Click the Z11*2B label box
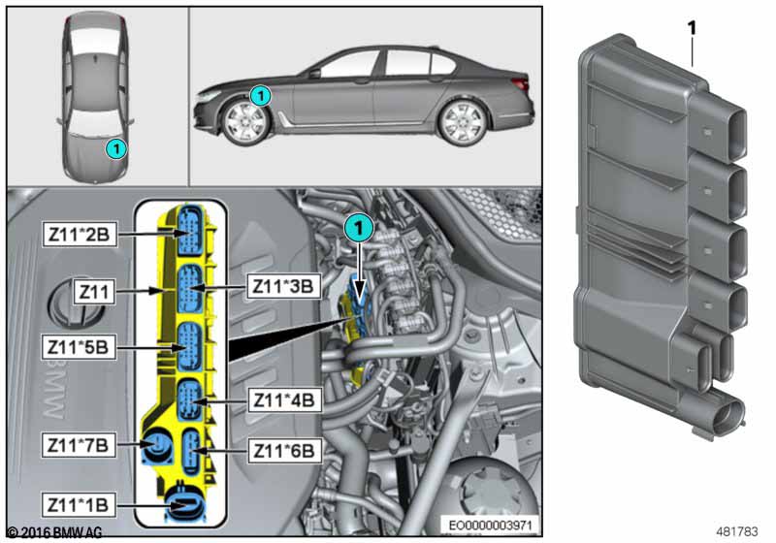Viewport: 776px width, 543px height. [80, 234]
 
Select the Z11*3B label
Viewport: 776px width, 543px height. [283, 286]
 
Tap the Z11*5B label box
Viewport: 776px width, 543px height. [79, 347]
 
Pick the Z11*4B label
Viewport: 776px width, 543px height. [284, 399]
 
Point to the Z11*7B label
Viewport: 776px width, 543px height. [79, 445]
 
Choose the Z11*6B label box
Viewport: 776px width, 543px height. [284, 451]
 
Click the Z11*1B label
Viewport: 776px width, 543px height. [79, 505]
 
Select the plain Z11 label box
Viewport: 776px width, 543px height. [94, 292]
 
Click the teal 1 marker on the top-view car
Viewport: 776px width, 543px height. [116, 148]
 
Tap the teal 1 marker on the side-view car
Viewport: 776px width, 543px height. [260, 95]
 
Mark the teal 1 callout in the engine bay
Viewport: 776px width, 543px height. [359, 228]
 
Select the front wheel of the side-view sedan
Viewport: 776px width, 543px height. [245, 121]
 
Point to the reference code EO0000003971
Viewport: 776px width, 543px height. [490, 525]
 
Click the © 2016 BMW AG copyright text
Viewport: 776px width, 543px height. [55, 532]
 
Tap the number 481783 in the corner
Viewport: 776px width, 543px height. [736, 531]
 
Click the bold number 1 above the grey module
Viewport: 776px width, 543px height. [692, 28]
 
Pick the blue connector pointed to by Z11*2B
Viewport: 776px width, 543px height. [190, 231]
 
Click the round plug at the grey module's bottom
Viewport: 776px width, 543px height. [724, 414]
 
